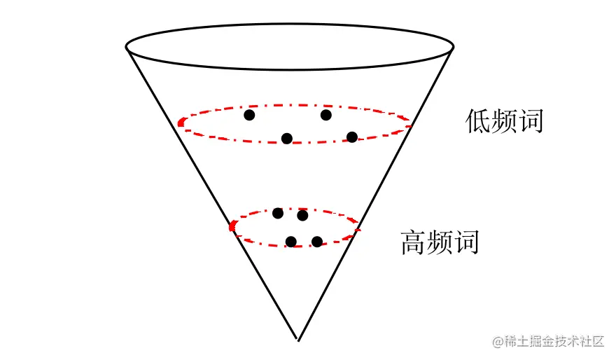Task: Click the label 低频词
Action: [x=504, y=122]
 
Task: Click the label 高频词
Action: [x=440, y=242]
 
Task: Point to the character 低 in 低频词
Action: [x=478, y=122]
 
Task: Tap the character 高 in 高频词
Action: [x=414, y=242]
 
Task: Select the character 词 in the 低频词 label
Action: [x=531, y=122]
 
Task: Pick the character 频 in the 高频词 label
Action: [x=440, y=242]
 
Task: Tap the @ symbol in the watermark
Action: [x=498, y=342]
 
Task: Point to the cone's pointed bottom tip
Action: [x=299, y=340]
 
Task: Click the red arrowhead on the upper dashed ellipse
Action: [x=181, y=123]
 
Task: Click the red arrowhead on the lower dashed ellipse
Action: [x=232, y=226]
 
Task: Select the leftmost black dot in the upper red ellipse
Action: [x=249, y=115]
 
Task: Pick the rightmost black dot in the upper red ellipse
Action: [x=351, y=137]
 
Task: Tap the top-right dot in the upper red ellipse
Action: [x=325, y=115]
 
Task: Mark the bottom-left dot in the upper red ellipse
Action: [x=286, y=138]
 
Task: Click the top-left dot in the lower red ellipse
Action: [x=278, y=213]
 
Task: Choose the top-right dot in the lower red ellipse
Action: [x=302, y=216]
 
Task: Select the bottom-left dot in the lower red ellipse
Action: [x=291, y=242]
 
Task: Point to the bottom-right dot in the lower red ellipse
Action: [x=316, y=242]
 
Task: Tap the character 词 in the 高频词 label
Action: [x=466, y=242]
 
